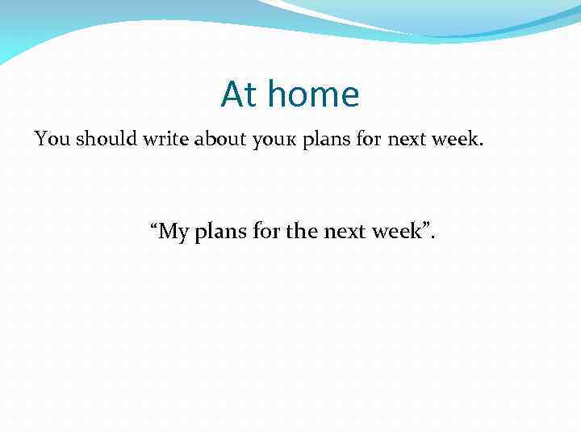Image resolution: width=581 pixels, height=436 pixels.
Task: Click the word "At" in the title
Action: click(240, 95)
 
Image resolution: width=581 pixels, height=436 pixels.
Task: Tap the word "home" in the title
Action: click(313, 95)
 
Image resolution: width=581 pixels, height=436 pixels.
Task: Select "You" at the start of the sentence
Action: click(52, 139)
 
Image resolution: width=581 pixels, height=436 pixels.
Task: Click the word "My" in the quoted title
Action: click(173, 233)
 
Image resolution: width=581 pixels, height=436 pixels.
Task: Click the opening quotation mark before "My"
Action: click(153, 227)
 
